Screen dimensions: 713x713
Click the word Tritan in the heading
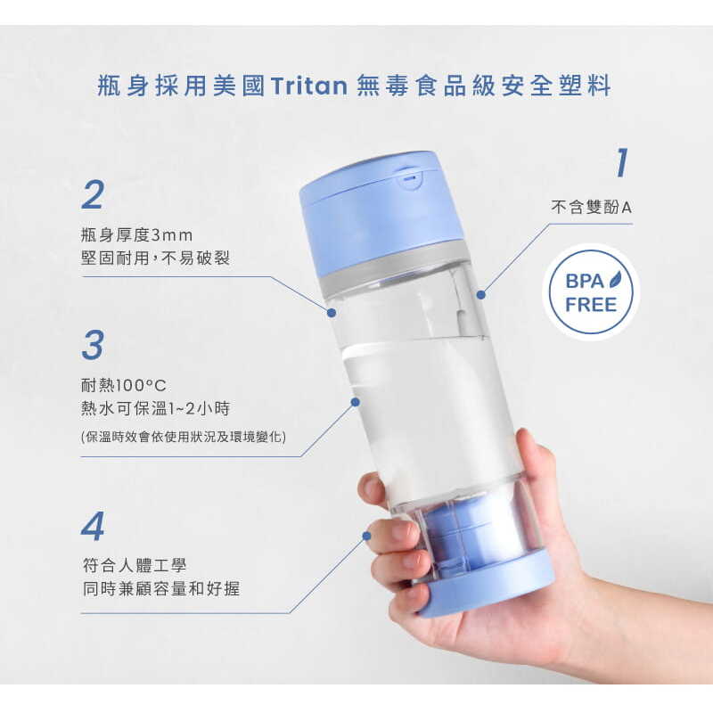pyautogui.click(x=308, y=86)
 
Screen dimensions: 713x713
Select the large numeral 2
pyautogui.click(x=94, y=194)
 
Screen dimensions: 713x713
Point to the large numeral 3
pyautogui.click(x=93, y=344)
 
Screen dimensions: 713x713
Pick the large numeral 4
pyautogui.click(x=93, y=526)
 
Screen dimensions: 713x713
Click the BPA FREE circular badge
pyautogui.click(x=591, y=292)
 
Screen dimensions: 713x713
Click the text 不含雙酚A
pyautogui.click(x=591, y=208)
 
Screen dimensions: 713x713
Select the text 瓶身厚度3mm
pyautogui.click(x=137, y=235)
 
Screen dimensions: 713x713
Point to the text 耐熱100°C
pyautogui.click(x=124, y=386)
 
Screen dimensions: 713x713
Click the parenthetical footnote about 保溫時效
pyautogui.click(x=184, y=437)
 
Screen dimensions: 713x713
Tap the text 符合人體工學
pyautogui.click(x=135, y=565)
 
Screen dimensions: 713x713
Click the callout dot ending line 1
pyautogui.click(x=481, y=295)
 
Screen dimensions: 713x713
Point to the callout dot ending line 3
pyautogui.click(x=356, y=402)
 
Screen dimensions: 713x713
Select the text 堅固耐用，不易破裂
pyautogui.click(x=155, y=258)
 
